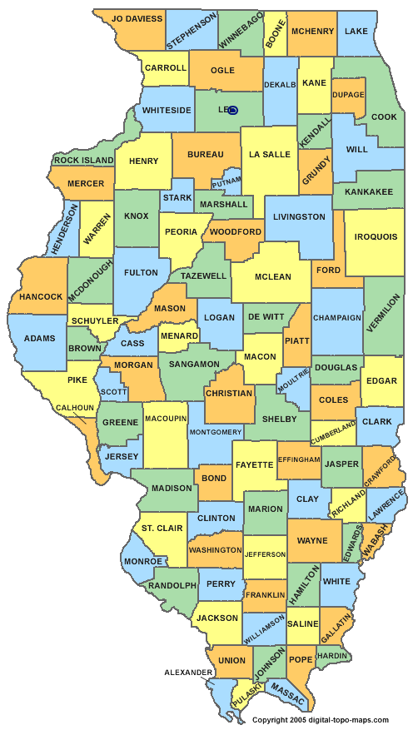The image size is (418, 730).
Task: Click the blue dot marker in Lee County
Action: (232, 110)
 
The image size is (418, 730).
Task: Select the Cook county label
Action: (384, 117)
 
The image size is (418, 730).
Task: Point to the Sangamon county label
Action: (194, 364)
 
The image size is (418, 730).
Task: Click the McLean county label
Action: (273, 277)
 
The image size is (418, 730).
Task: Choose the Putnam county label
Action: (226, 181)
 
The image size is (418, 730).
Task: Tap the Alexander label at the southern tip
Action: (189, 670)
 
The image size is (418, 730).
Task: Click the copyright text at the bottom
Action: (320, 719)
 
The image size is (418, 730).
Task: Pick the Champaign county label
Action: (337, 317)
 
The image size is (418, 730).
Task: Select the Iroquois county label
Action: (376, 236)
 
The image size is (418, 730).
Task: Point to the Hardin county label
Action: (331, 656)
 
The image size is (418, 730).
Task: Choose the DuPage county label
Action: (348, 95)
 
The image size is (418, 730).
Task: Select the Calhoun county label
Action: (74, 408)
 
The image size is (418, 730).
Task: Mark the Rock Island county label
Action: (84, 160)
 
